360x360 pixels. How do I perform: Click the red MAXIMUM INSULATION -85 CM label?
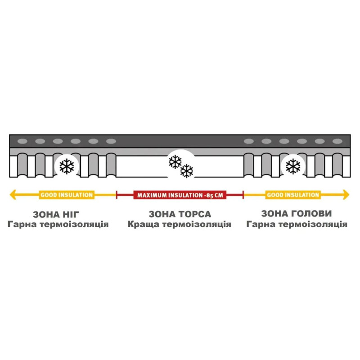pyautogui.click(x=180, y=195)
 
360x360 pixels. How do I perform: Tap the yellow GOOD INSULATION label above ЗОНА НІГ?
pyautogui.click(x=67, y=195)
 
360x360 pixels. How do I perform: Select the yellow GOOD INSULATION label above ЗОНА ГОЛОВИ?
pyautogui.click(x=293, y=195)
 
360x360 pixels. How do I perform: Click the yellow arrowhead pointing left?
pyautogui.click(x=13, y=195)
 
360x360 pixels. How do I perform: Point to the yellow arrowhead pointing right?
pyautogui.click(x=346, y=195)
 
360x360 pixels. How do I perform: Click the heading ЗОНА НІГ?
pyautogui.click(x=56, y=215)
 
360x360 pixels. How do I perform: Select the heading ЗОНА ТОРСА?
pyautogui.click(x=180, y=214)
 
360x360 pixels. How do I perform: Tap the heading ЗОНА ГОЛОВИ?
pyautogui.click(x=297, y=213)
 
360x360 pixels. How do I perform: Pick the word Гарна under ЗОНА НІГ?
pyautogui.click(x=22, y=224)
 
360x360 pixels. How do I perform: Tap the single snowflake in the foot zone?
pyautogui.click(x=67, y=166)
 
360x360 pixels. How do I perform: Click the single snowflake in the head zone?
pyautogui.click(x=293, y=166)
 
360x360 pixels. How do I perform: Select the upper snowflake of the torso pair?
pyautogui.click(x=175, y=162)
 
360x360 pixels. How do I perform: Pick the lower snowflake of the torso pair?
pyautogui.click(x=187, y=171)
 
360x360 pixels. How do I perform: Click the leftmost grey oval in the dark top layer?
pyautogui.click(x=22, y=141)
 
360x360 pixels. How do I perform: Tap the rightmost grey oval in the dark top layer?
pyautogui.click(x=337, y=141)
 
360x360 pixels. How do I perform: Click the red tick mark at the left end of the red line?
pyautogui.click(x=117, y=195)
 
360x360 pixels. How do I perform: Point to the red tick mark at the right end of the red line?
pyautogui.click(x=243, y=195)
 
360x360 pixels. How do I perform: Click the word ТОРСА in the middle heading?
pyautogui.click(x=194, y=214)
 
